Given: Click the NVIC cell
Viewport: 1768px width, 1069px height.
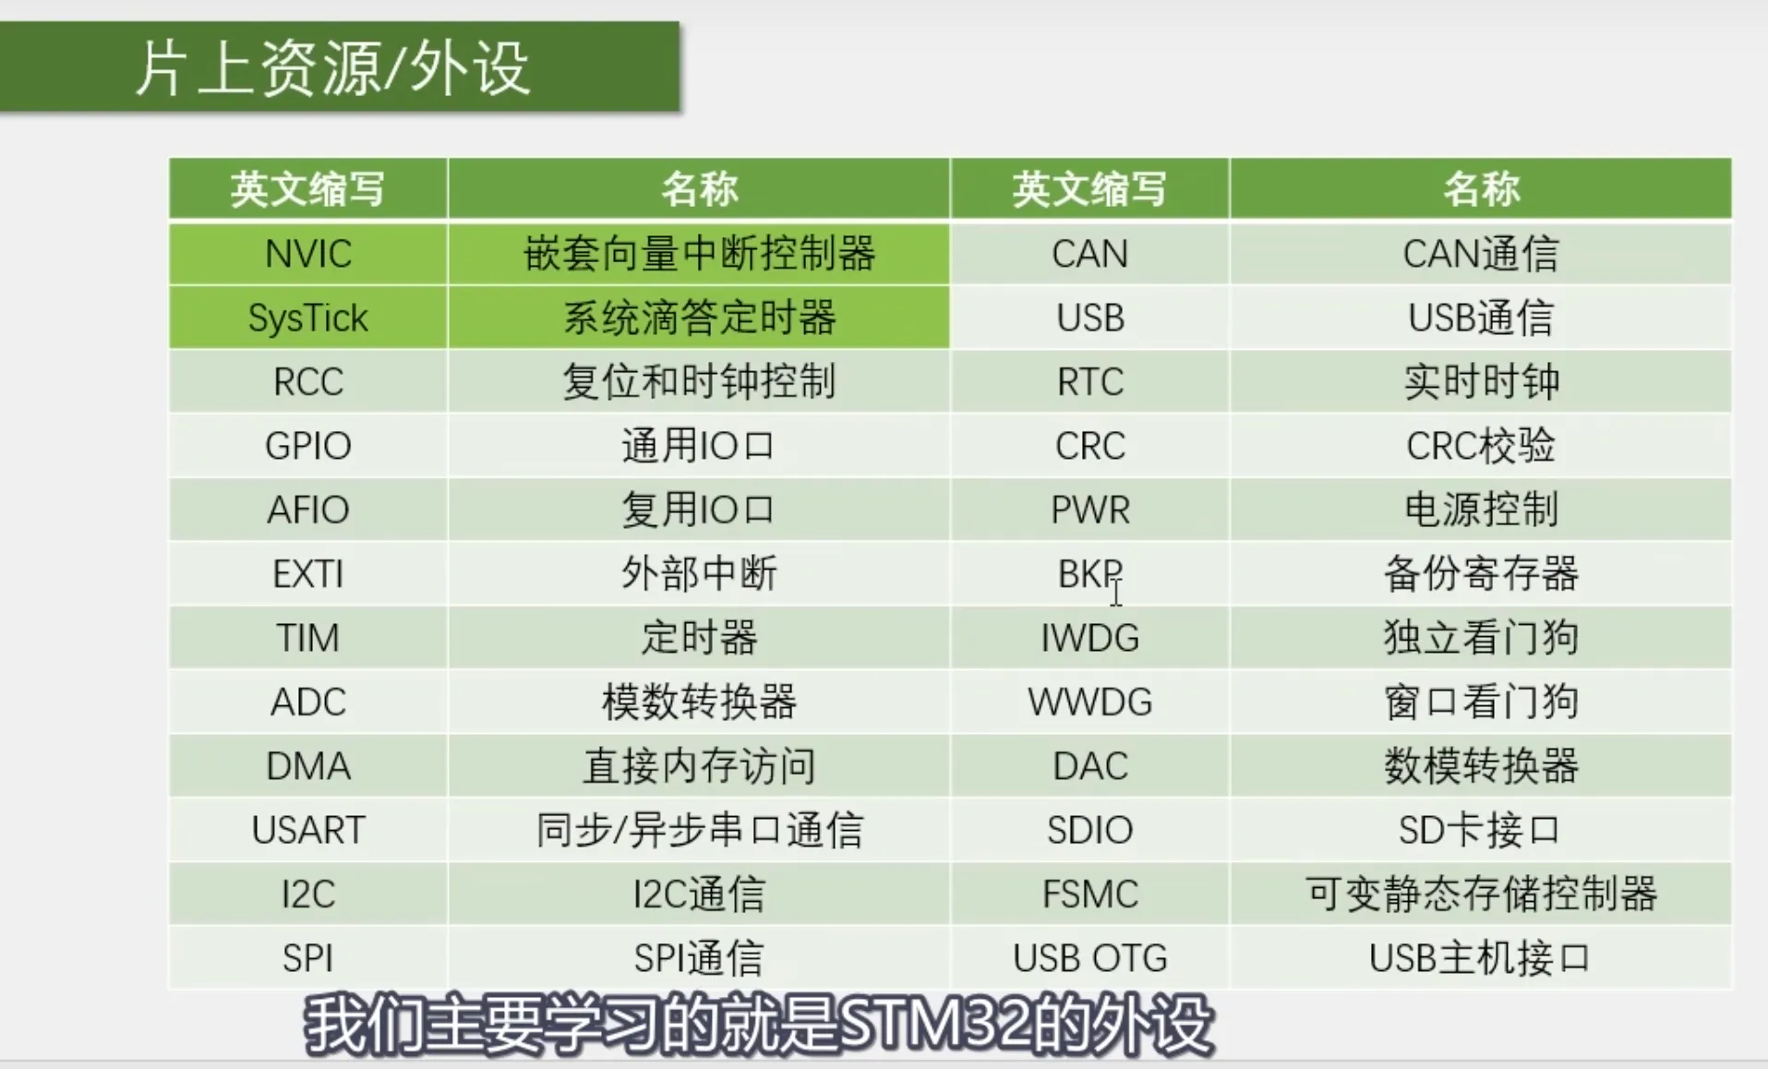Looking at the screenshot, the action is point(308,254).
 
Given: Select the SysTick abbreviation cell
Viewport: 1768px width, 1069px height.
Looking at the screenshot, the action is point(308,318).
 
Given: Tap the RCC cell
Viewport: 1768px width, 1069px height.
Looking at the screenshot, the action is point(308,381).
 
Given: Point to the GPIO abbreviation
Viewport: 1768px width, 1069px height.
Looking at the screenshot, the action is point(308,446).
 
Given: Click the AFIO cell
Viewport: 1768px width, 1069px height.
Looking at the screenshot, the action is point(308,510).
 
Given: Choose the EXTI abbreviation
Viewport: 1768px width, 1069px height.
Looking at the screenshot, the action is point(308,574).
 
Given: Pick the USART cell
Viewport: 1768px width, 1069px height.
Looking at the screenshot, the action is point(308,830).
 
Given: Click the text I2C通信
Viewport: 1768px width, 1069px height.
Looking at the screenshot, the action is point(699,894).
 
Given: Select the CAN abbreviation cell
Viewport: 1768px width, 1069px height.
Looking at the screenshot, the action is point(1090,254).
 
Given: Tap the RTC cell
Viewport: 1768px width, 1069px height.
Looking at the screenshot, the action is point(1090,381).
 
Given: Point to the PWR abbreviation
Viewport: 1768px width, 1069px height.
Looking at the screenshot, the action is point(1090,510).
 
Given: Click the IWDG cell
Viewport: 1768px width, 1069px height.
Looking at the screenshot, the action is point(1090,638).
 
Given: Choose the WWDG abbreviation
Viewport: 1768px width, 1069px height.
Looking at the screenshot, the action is point(1090,703).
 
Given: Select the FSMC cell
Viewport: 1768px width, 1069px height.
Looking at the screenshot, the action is point(1090,894).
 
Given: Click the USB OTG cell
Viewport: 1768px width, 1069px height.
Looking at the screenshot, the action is point(1090,957).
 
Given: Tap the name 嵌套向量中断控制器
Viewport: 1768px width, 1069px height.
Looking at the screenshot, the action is point(699,254).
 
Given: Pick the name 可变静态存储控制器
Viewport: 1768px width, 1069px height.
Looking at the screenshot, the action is point(1481,894).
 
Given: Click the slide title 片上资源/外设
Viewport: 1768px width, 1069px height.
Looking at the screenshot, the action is point(332,68).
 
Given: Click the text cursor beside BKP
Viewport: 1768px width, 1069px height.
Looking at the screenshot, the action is point(1116,592).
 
